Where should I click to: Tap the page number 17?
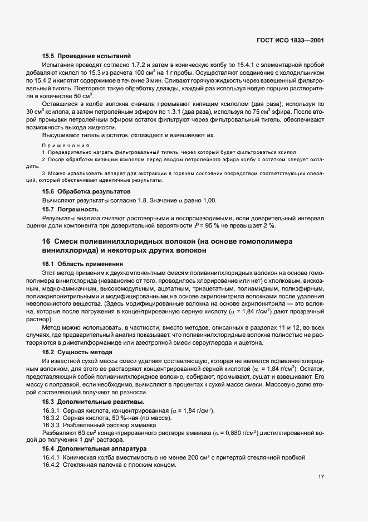[x=321, y=477]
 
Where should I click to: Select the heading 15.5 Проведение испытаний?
[x=86, y=56]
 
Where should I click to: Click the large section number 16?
[x=47, y=241]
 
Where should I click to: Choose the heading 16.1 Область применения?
[x=83, y=263]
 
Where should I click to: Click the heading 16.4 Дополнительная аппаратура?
[x=90, y=448]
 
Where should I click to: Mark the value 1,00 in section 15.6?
[x=208, y=200]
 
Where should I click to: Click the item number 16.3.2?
[x=51, y=418]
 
